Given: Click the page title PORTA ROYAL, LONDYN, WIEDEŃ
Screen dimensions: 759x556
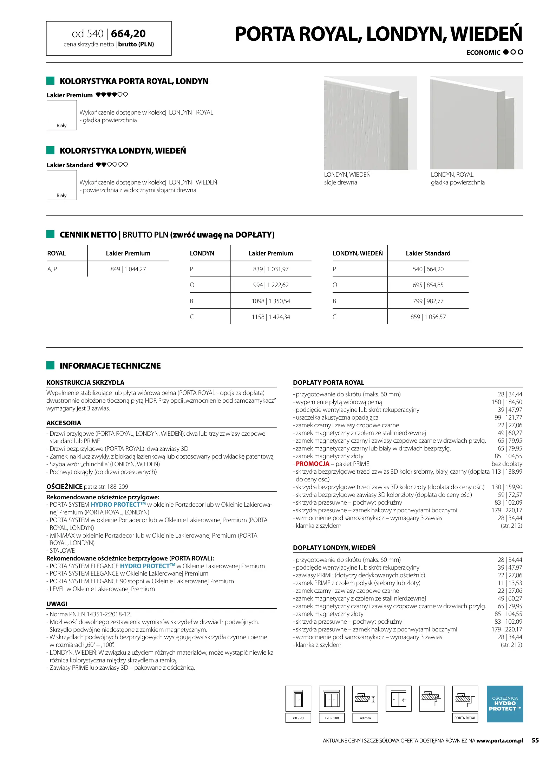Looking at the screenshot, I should (378, 34).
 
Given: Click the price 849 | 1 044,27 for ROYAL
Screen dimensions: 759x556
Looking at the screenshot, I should (128, 269).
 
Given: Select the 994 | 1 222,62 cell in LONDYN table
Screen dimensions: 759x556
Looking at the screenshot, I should (271, 285).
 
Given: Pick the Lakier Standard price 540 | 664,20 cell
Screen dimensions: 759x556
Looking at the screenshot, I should (428, 269).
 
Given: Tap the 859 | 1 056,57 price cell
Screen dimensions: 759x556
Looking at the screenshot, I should (428, 317).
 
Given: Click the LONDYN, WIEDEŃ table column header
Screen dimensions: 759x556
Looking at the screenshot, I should (358, 253).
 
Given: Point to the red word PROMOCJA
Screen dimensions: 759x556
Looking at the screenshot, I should (313, 464).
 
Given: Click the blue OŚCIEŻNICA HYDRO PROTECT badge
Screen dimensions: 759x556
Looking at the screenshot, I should (505, 704).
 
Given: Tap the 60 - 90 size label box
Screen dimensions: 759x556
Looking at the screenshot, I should (298, 718).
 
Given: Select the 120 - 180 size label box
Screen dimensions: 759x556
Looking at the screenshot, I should (332, 718).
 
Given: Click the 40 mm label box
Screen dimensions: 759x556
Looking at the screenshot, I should (365, 718).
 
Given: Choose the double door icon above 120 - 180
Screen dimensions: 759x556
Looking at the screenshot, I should (332, 699).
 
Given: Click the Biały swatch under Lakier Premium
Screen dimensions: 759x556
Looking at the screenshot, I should (61, 115).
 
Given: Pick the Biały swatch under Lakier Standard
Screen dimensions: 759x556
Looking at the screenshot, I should (61, 185).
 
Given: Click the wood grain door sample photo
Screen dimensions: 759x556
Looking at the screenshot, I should (370, 123).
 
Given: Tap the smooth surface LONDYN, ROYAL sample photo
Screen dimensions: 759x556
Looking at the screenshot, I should (476, 123).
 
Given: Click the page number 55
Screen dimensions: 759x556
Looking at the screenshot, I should (535, 740).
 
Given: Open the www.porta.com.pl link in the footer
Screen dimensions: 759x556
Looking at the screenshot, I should (499, 741).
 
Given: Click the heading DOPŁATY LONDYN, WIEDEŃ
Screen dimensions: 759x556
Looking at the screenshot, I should (334, 548).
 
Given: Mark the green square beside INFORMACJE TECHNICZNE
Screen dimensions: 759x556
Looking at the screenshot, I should (51, 365).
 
